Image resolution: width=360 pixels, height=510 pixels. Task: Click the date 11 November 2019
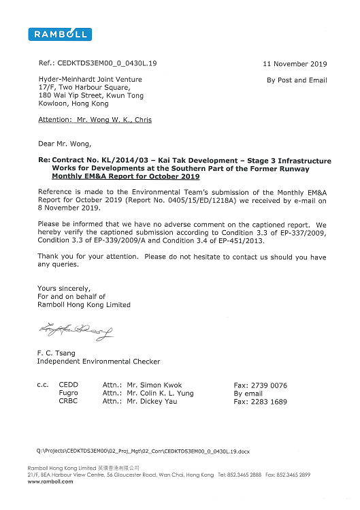pos(295,64)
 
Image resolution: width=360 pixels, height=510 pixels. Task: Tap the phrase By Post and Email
pos(297,80)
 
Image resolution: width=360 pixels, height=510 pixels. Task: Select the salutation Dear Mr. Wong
pos(69,144)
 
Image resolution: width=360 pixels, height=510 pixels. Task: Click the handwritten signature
pos(76,332)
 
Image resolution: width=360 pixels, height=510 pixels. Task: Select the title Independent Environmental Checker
pos(99,361)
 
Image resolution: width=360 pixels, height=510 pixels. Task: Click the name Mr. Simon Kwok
pos(154,385)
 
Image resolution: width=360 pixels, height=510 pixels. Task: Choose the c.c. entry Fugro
pos(69,393)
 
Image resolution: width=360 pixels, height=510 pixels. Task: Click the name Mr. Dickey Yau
pos(154,402)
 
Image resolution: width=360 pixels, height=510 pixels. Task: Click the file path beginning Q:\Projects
pos(144,451)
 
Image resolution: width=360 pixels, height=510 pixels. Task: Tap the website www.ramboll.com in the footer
pos(50,481)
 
